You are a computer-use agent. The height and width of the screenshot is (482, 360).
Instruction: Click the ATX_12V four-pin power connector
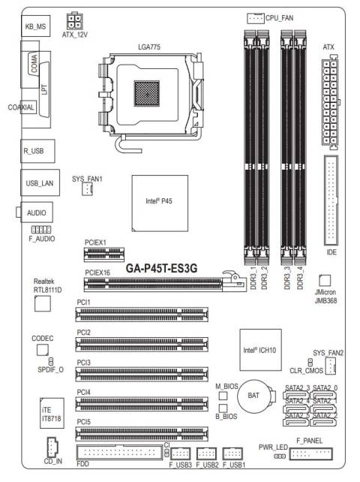pos(75,21)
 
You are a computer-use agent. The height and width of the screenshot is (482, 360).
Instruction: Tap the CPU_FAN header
pos(256,19)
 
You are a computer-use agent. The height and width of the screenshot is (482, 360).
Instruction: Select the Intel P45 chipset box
pos(160,203)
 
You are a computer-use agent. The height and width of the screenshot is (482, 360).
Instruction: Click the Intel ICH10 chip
pos(260,350)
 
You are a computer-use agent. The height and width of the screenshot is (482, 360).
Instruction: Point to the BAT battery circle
pos(253,396)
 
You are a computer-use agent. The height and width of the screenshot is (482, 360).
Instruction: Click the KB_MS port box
pos(36,26)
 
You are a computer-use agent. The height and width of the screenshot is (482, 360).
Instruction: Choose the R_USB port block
pos(37,151)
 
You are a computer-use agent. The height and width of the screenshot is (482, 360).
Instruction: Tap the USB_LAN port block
pos(40,182)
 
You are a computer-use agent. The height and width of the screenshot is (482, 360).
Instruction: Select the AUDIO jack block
pos(37,212)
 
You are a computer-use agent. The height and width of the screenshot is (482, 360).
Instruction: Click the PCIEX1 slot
pos(104,255)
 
